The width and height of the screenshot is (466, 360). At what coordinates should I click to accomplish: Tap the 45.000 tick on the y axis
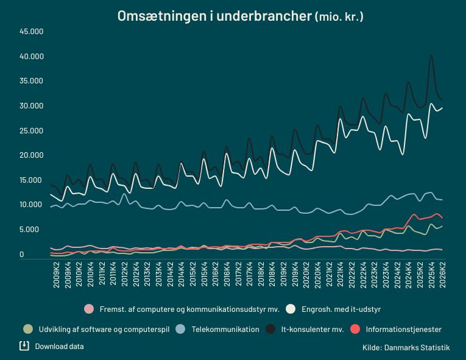(32, 32)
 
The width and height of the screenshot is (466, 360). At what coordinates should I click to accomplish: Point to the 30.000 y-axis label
(32, 106)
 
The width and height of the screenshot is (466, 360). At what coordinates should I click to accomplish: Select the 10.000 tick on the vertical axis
(32, 205)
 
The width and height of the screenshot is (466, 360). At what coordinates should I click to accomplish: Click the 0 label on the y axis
(22, 255)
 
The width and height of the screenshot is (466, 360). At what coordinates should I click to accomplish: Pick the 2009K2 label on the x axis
(56, 275)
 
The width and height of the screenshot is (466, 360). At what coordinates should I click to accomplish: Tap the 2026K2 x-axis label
(442, 275)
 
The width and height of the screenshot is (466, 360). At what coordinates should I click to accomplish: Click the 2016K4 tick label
(227, 275)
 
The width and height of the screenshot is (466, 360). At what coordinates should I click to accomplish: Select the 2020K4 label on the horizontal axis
(318, 275)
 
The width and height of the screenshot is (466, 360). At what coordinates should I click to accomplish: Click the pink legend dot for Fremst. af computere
(89, 309)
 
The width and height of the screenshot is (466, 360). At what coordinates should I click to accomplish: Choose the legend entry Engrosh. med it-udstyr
(341, 309)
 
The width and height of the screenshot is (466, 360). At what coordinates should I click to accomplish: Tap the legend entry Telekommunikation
(225, 330)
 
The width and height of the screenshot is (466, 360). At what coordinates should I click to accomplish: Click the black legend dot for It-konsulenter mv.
(270, 329)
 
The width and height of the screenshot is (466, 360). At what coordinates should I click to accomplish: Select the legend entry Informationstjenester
(404, 330)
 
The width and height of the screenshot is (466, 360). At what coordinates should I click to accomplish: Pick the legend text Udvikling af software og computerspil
(104, 330)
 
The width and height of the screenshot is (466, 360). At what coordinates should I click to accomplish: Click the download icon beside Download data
(24, 346)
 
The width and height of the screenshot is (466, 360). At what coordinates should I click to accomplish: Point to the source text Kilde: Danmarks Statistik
(406, 348)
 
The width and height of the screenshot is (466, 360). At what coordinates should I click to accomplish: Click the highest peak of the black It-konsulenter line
(431, 55)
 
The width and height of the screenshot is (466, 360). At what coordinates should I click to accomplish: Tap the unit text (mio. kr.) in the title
(339, 16)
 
